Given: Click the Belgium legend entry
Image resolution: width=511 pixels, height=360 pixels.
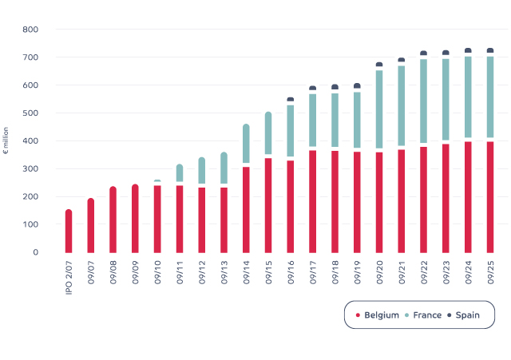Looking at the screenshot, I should click(x=377, y=315).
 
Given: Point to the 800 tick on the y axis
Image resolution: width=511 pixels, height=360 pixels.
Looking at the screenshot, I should click(x=30, y=30).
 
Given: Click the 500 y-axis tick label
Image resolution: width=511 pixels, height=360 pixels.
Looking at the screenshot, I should click(x=30, y=113).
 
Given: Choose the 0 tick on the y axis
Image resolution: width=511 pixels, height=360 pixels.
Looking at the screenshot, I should click(x=34, y=252).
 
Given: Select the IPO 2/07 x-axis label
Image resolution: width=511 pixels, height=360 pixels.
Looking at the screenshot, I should click(x=69, y=274).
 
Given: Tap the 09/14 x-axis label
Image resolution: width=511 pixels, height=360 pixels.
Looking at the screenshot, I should click(x=246, y=270).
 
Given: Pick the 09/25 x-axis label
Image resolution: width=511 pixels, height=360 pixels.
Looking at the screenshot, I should click(x=490, y=270).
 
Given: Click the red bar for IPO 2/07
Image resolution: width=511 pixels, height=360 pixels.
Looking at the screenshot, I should click(x=69, y=231).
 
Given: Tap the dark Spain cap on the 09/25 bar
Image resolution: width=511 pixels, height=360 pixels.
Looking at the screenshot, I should click(x=490, y=50).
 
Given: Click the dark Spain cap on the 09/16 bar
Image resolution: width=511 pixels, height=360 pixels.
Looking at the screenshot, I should click(x=291, y=99).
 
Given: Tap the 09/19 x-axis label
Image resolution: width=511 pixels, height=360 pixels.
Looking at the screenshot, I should click(x=357, y=270).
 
